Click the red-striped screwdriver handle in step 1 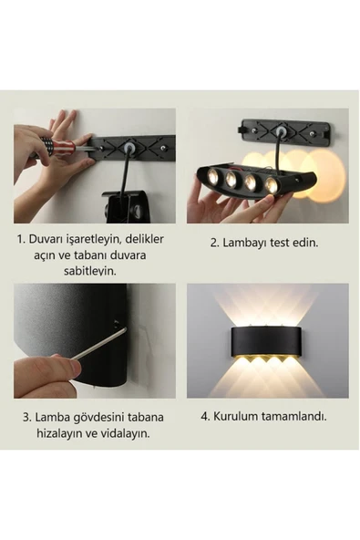click(57, 145)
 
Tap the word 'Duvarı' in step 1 click(49, 240)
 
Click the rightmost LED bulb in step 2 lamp click(272, 185)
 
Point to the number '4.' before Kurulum click(206, 415)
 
